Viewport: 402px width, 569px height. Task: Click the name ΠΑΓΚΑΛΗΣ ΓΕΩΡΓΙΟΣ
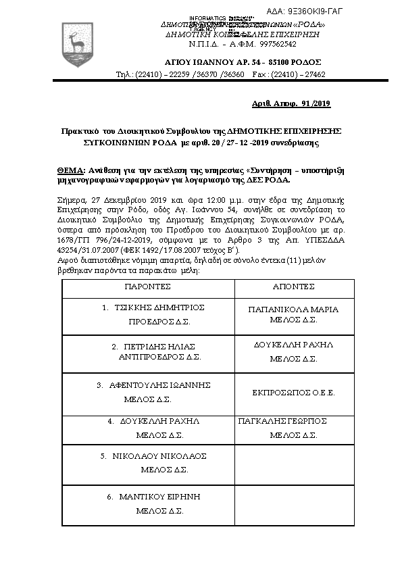pyautogui.click(x=283, y=420)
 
